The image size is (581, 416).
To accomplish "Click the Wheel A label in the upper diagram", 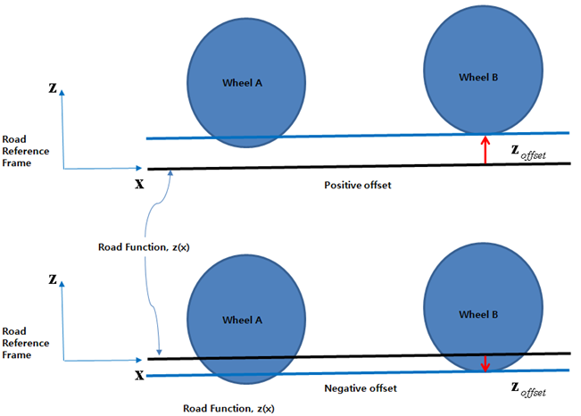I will pyautogui.click(x=242, y=82).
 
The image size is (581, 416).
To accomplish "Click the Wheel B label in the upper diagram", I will pyautogui.click(x=477, y=78).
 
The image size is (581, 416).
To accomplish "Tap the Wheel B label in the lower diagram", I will pyautogui.click(x=479, y=314).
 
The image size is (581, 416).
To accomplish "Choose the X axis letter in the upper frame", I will pyautogui.click(x=139, y=182).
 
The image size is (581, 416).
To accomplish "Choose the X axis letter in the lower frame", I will pyautogui.click(x=139, y=376).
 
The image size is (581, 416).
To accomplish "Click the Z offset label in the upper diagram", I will pyautogui.click(x=527, y=153).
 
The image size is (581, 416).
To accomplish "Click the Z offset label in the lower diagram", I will pyautogui.click(x=527, y=388).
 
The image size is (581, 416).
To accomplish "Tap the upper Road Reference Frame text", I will pyautogui.click(x=25, y=151).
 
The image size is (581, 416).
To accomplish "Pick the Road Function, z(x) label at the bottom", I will pyautogui.click(x=228, y=407).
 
